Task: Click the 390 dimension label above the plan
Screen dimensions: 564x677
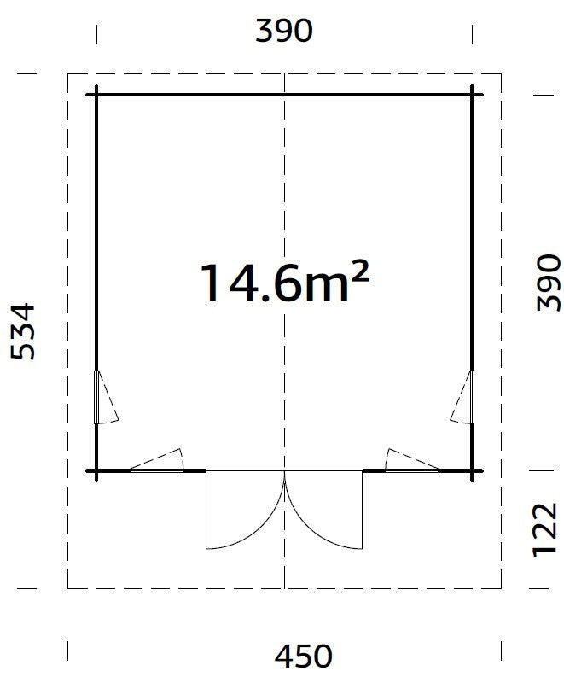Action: coord(283,31)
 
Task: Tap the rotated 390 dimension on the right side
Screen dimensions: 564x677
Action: coord(549,283)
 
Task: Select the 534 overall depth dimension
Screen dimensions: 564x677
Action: coord(22,331)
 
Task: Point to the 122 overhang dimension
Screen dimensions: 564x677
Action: coord(545,529)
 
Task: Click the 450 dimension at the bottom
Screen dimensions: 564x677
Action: coord(304,657)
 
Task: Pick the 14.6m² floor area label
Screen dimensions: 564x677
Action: coord(285,283)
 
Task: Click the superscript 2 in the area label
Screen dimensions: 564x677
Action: coord(360,273)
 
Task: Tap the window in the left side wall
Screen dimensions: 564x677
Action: coord(96,397)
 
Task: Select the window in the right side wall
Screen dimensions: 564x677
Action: coord(472,397)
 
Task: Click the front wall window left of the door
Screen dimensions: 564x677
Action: coord(156,470)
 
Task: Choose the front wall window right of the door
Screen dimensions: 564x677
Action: coord(411,470)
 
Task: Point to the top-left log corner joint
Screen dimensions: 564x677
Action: coord(96,95)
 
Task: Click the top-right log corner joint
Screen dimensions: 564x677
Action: coord(473,95)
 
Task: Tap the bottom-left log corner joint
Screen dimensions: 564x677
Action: coord(96,470)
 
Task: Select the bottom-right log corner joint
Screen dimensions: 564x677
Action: coord(473,470)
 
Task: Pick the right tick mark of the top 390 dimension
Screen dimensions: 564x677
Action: coord(472,34)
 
